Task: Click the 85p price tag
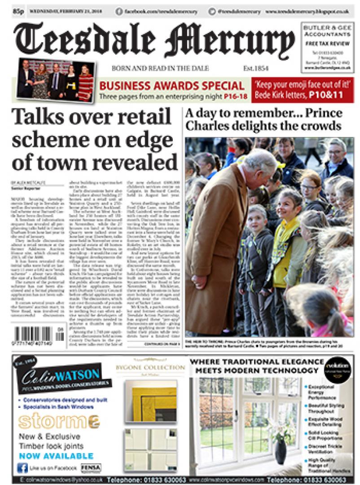pos(18,10)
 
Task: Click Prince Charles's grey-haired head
pos(261,161)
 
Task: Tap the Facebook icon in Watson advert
pos(22,468)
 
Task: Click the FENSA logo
pos(91,467)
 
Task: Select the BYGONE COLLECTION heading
pos(150,367)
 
